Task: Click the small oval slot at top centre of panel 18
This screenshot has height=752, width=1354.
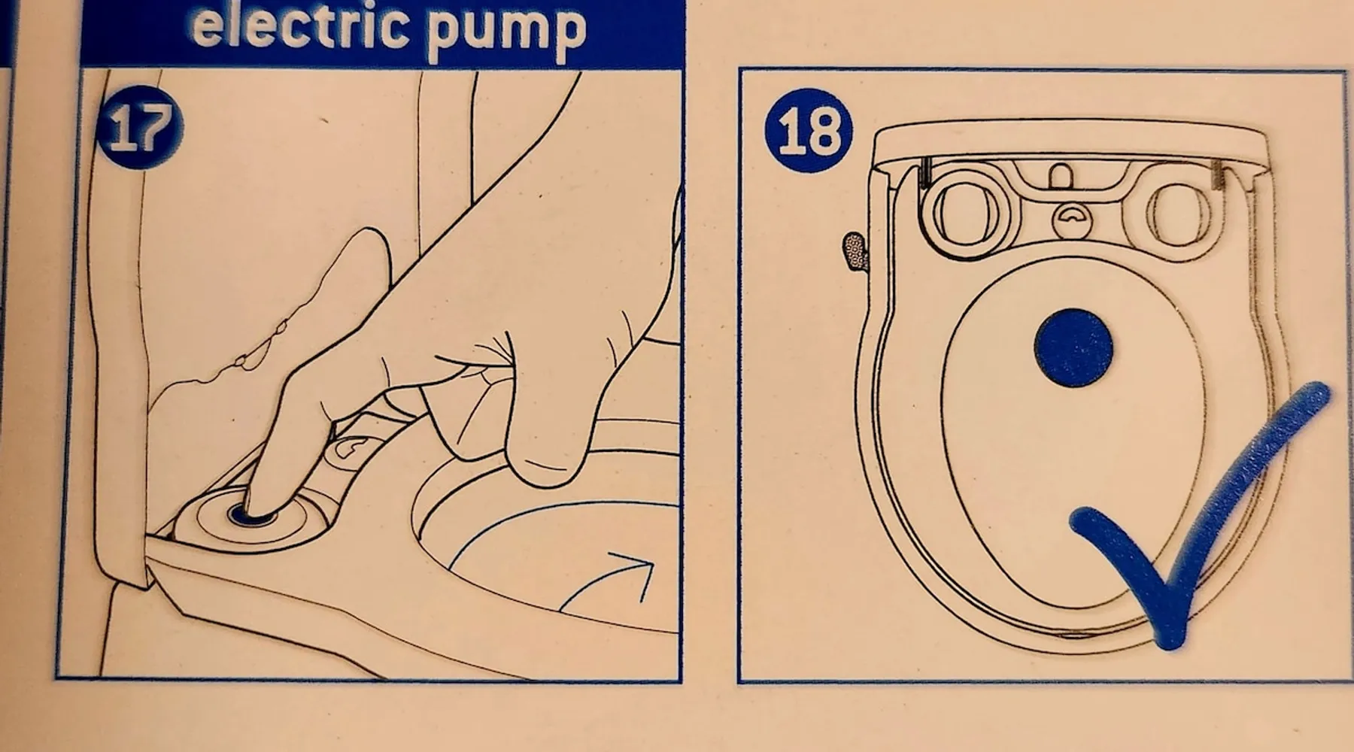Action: [1061, 175]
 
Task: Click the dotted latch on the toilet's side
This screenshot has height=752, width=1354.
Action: [855, 252]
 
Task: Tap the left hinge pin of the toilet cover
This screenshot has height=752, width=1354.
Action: [924, 173]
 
